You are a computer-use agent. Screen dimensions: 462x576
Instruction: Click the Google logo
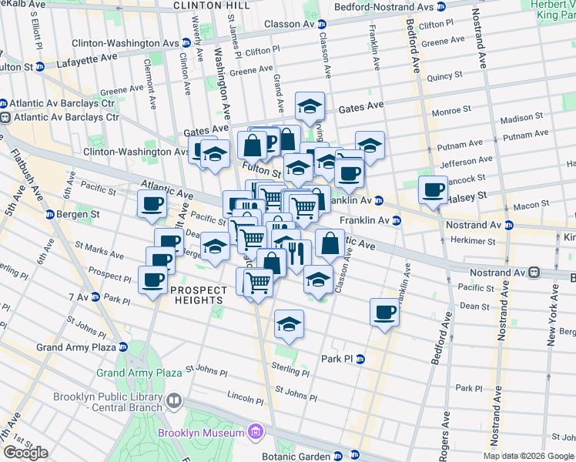25,453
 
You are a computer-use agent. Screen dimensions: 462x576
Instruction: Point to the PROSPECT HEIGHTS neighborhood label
199,295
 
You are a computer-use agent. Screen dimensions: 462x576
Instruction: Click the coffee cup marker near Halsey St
432,189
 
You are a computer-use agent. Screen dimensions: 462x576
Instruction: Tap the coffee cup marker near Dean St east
384,313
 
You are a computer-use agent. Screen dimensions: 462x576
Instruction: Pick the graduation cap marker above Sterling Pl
289,324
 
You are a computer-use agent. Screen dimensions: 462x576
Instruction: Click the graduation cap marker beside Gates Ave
309,105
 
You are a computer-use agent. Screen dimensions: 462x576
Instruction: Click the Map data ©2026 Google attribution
529,456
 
